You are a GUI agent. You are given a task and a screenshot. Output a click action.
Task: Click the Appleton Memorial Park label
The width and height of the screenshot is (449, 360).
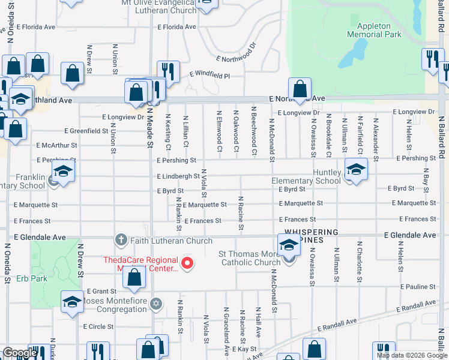coord(379,30)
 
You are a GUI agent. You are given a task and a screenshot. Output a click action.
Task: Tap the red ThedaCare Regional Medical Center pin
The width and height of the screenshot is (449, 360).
coord(188,263)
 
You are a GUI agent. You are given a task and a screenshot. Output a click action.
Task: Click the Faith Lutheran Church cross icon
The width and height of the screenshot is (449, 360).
coord(121,241)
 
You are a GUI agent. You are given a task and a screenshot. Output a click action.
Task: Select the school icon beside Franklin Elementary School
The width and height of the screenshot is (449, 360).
coord(63,171)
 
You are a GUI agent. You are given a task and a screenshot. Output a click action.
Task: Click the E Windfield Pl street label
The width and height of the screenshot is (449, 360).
coord(209,76)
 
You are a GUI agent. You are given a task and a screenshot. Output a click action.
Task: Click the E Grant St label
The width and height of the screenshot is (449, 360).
coord(100,290)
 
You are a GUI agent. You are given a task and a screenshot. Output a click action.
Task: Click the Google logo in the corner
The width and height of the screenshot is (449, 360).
coord(19,353)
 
